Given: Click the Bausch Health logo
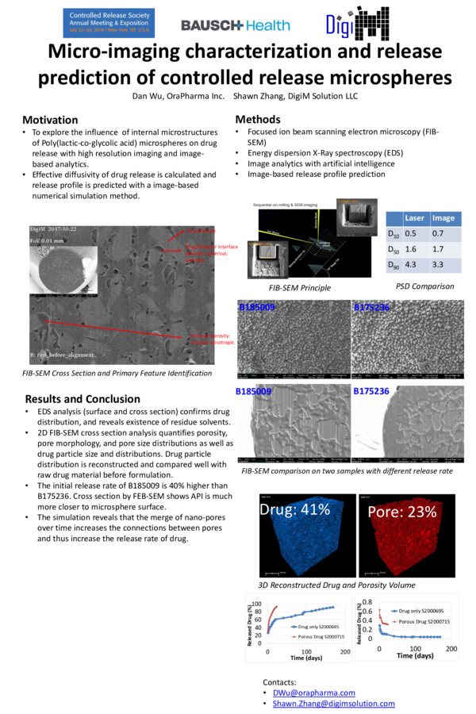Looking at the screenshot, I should [x=235, y=25].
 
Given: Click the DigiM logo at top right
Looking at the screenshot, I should [x=357, y=23].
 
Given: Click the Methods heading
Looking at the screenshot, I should [x=258, y=119].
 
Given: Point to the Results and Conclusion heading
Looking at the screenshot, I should [x=83, y=399].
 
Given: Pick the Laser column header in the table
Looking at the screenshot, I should [x=413, y=217].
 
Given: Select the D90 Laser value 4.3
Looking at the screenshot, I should [x=412, y=265].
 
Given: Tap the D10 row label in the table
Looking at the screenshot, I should [x=391, y=233].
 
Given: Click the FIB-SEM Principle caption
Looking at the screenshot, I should [x=300, y=288].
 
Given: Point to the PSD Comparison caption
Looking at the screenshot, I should [x=424, y=286].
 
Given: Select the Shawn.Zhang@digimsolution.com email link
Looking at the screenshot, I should [x=333, y=704].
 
